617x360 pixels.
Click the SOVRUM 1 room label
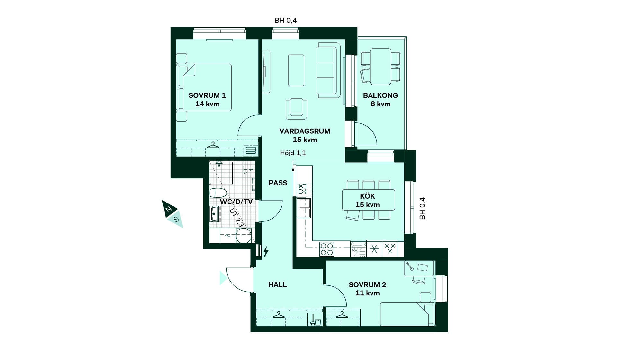coord(207,95)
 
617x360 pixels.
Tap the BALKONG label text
coord(380,95)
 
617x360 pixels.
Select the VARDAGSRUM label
coord(305,131)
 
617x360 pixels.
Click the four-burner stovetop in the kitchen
coord(327,249)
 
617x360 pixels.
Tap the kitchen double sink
coord(304,208)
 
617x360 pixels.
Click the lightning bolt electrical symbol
coord(266,251)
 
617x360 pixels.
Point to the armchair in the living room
coord(296,109)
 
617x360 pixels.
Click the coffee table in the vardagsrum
coord(296,70)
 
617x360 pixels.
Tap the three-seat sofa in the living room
coord(328,70)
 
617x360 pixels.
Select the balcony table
coord(380,67)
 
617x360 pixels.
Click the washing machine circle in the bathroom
coord(243,236)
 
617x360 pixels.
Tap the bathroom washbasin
coord(214,214)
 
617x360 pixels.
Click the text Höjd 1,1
coord(293,153)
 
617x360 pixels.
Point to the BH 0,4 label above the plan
coord(285,21)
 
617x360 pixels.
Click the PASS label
coord(278,183)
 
